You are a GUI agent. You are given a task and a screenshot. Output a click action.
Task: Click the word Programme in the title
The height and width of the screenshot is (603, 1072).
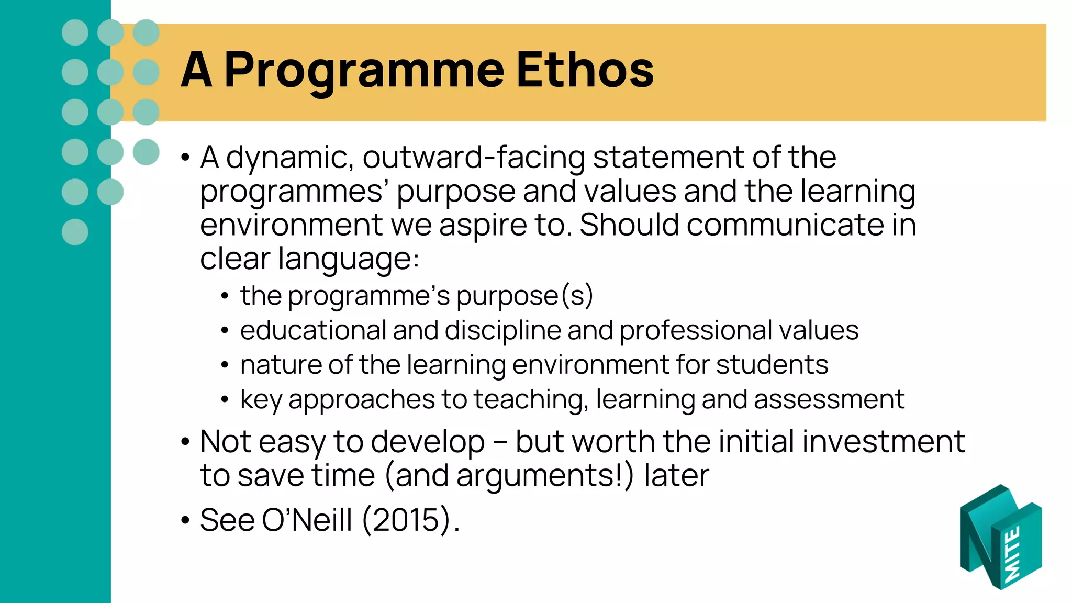pyautogui.click(x=364, y=71)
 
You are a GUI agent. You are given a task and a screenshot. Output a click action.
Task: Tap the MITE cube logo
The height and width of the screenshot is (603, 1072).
pyautogui.click(x=1000, y=538)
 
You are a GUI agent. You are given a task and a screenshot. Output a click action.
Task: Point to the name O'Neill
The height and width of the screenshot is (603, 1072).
pyautogui.click(x=307, y=520)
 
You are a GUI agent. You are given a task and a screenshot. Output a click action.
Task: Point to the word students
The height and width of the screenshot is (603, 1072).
pyautogui.click(x=772, y=365)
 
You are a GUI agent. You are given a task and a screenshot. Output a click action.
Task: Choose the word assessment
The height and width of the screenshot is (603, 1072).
pyautogui.click(x=829, y=399)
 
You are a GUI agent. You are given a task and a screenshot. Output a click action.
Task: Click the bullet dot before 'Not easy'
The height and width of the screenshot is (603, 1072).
pyautogui.click(x=185, y=442)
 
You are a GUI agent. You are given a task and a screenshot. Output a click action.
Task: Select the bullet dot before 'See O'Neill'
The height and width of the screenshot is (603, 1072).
pyautogui.click(x=185, y=521)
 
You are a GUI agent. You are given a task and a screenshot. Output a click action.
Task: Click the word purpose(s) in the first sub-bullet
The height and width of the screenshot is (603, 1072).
pyautogui.click(x=524, y=296)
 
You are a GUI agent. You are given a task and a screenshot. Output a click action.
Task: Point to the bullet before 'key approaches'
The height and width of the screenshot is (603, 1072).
pyautogui.click(x=225, y=400)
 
